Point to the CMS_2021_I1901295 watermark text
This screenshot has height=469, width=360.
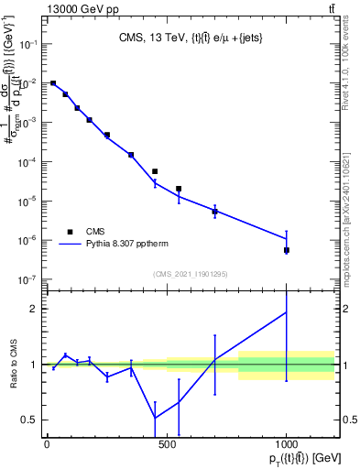tap(190, 274)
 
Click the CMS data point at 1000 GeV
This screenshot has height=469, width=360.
tap(287, 250)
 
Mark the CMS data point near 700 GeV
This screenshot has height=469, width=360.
tap(214, 212)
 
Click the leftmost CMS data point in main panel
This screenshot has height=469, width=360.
tap(53, 83)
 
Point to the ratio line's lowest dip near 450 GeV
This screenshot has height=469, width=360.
tap(155, 419)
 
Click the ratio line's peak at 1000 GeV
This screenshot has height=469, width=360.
tap(287, 312)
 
